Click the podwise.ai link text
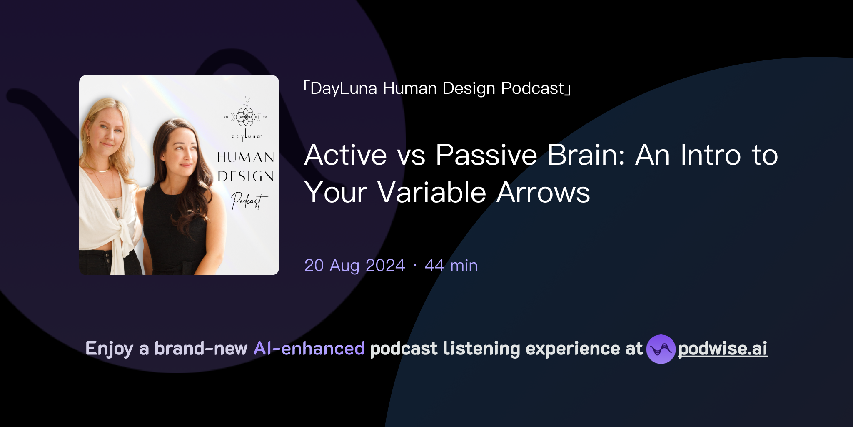(722, 349)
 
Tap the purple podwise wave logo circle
(661, 349)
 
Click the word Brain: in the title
(586, 155)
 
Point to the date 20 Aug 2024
(354, 266)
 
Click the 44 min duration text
(451, 266)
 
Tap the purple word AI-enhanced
(309, 349)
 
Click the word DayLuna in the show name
(344, 88)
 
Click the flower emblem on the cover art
(246, 116)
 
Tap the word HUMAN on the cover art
(246, 157)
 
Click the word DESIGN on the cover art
(246, 176)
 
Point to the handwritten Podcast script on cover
(248, 201)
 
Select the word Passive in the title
(486, 155)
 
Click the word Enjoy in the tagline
(109, 349)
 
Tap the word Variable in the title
(431, 193)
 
